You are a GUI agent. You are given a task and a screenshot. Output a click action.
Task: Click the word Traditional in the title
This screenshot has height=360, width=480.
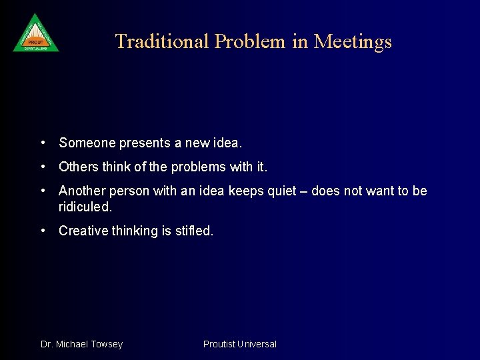(162, 41)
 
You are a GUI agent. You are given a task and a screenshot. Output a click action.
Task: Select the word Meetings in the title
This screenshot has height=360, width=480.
(353, 41)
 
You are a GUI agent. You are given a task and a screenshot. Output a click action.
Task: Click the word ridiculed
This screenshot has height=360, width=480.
(85, 207)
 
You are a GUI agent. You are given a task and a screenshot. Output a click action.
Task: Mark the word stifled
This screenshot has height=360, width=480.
(194, 231)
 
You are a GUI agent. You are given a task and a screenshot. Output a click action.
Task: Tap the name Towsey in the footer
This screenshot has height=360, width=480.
(106, 344)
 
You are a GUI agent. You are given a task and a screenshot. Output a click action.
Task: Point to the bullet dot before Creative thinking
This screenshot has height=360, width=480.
(43, 231)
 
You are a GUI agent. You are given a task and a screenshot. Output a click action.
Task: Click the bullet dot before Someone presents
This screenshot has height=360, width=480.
(43, 142)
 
